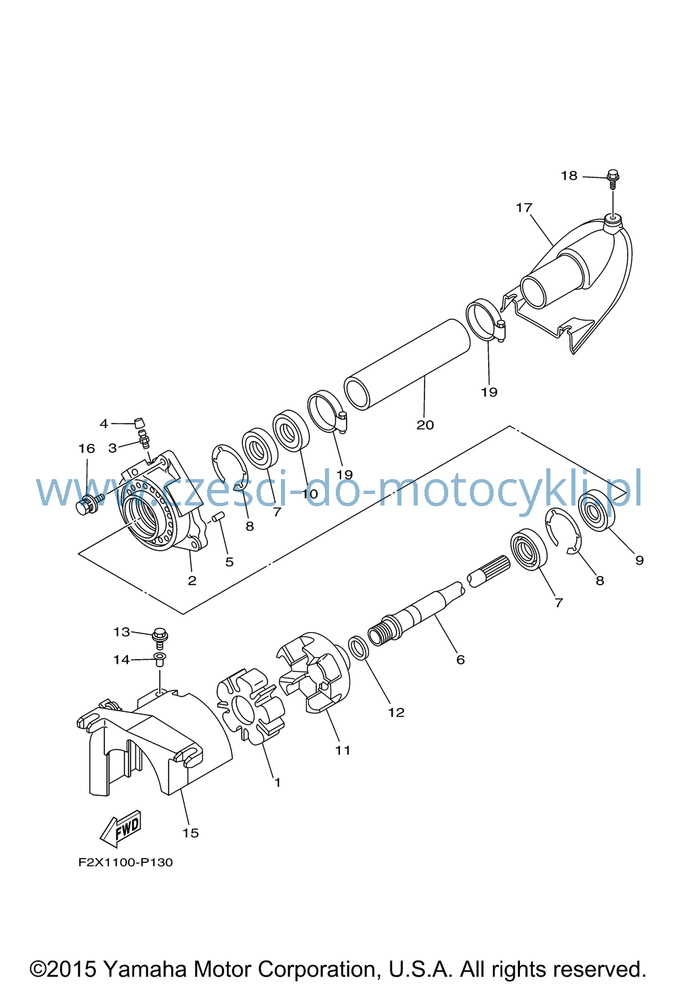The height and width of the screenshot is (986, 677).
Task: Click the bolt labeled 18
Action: pyautogui.click(x=613, y=179)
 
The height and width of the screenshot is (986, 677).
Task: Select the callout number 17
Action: pyautogui.click(x=524, y=207)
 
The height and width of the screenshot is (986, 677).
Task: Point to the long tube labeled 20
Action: pyautogui.click(x=408, y=365)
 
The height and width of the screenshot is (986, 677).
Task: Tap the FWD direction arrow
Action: pyautogui.click(x=120, y=828)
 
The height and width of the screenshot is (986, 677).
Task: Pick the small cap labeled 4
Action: pyautogui.click(x=139, y=423)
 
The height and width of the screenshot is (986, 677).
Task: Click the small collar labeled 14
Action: pyautogui.click(x=160, y=659)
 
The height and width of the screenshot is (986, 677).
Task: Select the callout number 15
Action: pyautogui.click(x=191, y=833)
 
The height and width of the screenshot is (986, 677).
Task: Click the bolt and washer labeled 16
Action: pyautogui.click(x=90, y=503)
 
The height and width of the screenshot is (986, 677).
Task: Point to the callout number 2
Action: pyautogui.click(x=192, y=580)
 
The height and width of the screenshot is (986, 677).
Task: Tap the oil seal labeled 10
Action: pyautogui.click(x=290, y=430)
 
